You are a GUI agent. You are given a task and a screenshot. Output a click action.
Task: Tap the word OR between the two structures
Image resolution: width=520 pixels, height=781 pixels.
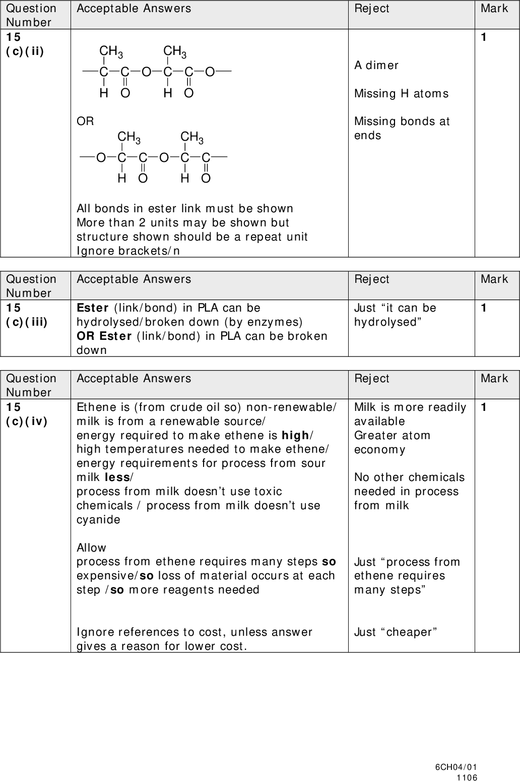[85, 122]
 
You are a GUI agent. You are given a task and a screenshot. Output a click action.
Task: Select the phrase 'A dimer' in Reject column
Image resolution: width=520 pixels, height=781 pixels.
[376, 66]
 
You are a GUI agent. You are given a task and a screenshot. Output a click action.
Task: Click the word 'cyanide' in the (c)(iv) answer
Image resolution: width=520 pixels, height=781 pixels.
[98, 519]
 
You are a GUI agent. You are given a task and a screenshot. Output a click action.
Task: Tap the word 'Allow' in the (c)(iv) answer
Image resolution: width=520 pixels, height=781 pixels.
[91, 548]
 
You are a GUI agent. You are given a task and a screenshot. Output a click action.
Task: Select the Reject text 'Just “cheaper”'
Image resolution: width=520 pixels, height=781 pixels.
[396, 632]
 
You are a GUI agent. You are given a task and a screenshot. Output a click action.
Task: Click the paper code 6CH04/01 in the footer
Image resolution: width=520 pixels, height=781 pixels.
[456, 767]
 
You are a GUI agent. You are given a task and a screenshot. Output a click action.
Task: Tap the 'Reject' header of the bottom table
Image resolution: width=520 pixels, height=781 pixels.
[371, 378]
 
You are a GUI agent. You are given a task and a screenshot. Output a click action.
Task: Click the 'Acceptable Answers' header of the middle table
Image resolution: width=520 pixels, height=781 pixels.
[134, 279]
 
